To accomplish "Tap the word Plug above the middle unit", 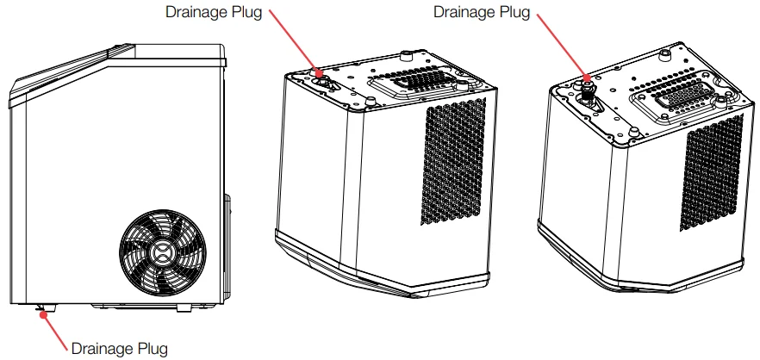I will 246,12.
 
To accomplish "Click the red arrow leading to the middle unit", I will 298,42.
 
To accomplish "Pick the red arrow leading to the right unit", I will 570,48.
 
